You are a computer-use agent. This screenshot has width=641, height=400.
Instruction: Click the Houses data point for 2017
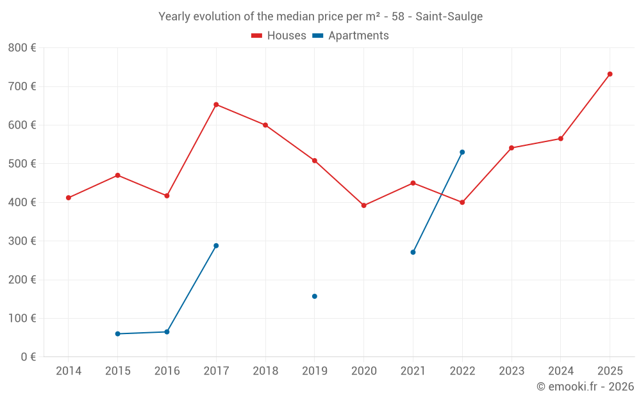coord(216,104)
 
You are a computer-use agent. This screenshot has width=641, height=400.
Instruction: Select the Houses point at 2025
coord(610,74)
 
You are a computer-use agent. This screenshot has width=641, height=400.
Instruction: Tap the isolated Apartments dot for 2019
coord(315,296)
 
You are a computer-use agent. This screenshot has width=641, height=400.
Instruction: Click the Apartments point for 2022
coord(462,152)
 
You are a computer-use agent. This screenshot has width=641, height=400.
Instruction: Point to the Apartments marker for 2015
coord(118,333)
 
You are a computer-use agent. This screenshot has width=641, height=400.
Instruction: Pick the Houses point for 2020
coord(364,205)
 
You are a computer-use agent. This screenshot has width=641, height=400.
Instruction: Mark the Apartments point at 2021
coord(413,252)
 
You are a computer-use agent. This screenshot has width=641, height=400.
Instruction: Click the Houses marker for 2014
coord(69,198)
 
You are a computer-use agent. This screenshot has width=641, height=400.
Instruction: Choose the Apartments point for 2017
coord(216,246)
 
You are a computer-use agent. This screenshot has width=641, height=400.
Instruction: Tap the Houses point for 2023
coord(512,148)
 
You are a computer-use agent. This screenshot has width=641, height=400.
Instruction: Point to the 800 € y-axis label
coord(22,48)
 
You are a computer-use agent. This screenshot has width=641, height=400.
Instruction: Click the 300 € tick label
coord(22,241)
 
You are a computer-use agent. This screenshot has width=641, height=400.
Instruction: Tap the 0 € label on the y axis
coord(28,357)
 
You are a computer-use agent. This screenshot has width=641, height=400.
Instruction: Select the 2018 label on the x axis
coord(265,371)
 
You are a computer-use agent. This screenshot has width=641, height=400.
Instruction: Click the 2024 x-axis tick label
coord(560,371)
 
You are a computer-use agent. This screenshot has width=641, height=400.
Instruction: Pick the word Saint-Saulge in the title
coord(449,17)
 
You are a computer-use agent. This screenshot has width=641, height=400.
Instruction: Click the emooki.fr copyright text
coord(585,387)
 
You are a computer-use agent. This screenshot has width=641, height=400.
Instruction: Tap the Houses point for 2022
coord(462,202)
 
